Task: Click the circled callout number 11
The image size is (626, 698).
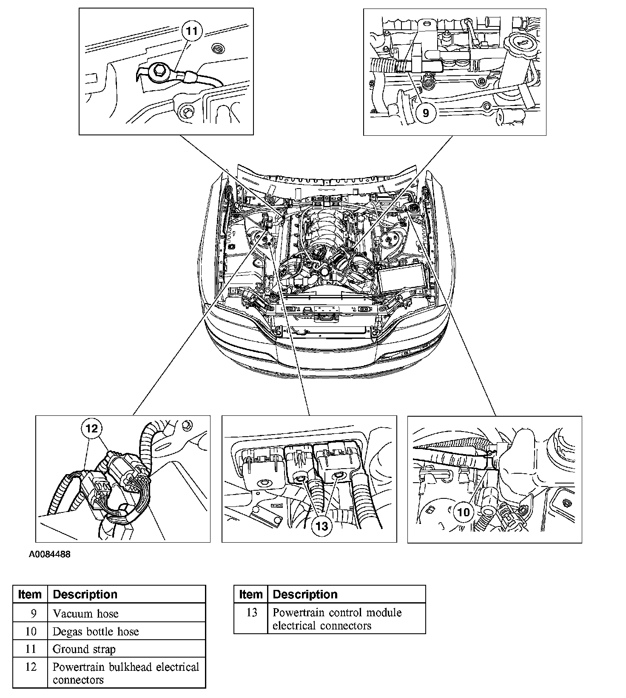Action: point(192,31)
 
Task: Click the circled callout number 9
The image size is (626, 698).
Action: point(425,112)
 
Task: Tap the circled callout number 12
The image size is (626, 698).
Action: point(92,428)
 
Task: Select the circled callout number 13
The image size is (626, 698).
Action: point(322,526)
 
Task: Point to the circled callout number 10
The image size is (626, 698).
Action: point(464,512)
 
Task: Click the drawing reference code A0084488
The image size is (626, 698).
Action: point(49,555)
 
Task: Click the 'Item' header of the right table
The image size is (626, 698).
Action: point(251,594)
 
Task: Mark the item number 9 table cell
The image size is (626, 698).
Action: point(31,613)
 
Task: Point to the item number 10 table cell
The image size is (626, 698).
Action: point(31,631)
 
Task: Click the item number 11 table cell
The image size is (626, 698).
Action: point(31,649)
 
